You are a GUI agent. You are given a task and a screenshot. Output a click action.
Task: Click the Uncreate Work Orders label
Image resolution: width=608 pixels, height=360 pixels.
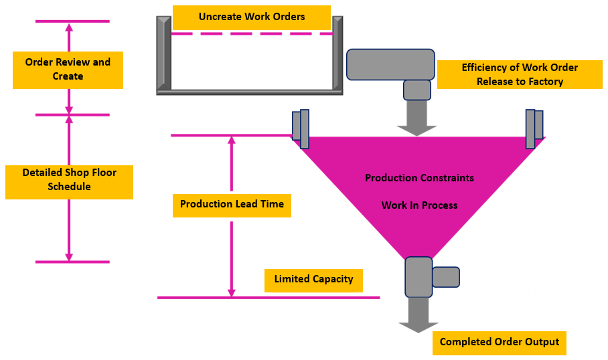point(252,17)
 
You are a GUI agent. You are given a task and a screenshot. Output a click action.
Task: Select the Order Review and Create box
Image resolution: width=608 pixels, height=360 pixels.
point(68,69)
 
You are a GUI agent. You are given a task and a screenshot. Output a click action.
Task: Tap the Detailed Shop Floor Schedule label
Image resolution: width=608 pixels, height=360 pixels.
point(69,179)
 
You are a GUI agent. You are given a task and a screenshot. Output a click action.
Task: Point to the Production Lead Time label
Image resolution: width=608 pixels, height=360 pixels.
point(232,204)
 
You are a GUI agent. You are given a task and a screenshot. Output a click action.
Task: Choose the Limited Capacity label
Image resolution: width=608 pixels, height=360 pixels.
point(313,279)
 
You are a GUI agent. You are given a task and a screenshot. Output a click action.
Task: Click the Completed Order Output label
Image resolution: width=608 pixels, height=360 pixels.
point(499,342)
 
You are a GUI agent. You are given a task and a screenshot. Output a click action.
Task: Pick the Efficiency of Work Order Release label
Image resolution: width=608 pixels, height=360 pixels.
point(520,74)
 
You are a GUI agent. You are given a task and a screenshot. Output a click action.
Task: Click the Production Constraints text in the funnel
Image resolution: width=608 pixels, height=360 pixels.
point(419,178)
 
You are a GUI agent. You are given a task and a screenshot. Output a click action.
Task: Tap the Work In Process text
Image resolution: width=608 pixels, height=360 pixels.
point(419,205)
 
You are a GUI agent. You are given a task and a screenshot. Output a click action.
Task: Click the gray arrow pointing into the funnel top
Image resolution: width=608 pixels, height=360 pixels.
point(416,120)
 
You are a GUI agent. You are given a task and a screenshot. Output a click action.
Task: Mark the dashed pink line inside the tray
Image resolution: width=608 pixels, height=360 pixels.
point(252,33)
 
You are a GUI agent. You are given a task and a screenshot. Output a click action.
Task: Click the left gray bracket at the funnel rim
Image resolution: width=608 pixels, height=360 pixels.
point(301,128)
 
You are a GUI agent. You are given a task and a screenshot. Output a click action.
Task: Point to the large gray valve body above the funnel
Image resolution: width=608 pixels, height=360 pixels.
point(390,64)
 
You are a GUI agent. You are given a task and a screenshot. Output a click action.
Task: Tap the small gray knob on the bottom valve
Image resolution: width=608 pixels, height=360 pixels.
point(446,277)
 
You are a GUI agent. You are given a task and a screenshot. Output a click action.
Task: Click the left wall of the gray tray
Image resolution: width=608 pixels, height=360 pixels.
point(164,54)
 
